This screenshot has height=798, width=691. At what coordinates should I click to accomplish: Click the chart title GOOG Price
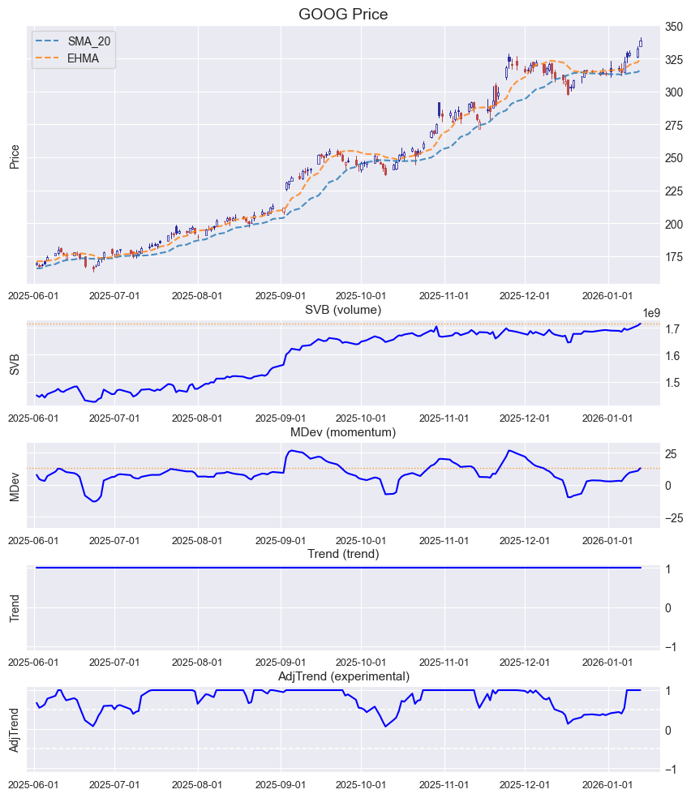pos(343,14)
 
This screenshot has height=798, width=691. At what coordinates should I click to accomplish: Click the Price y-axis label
pos(14,156)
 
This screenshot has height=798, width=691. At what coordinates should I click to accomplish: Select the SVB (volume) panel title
pos(343,309)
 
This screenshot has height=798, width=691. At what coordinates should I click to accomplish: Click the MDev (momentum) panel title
pos(343,432)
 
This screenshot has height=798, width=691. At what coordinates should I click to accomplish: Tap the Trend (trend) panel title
pos(343,554)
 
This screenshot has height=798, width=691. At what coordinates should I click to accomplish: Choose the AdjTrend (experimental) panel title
pos(343,676)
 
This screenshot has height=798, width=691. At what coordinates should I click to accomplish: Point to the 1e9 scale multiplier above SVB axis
pos(653,312)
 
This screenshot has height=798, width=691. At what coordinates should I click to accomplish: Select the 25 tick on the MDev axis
pos(674,453)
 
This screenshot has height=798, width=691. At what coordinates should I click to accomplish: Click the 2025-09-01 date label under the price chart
pos(281,296)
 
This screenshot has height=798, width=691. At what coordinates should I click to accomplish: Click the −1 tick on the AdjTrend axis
pos(672,770)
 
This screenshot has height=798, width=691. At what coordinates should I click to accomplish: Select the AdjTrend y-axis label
pos(14,730)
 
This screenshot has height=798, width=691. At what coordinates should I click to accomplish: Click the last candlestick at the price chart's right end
pos(641,43)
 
